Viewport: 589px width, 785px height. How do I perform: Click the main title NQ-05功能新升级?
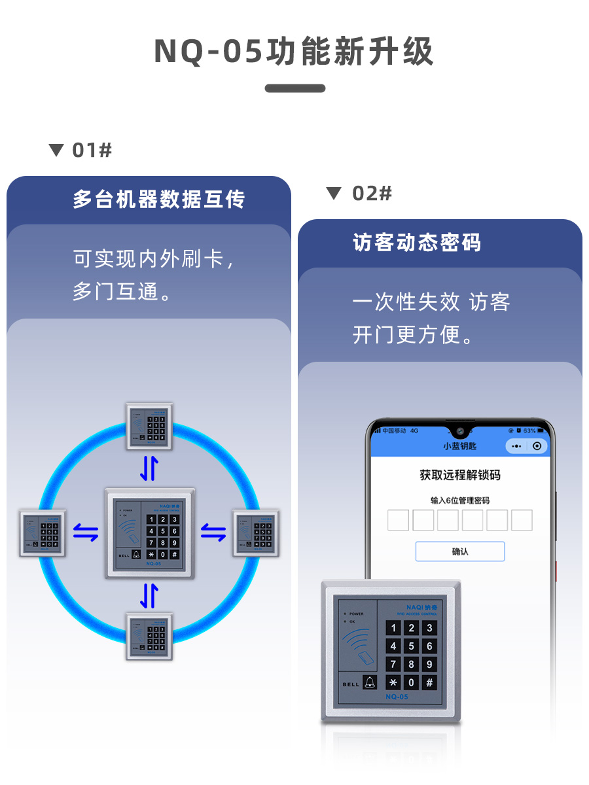[294, 52]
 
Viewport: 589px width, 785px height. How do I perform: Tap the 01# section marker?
[81, 150]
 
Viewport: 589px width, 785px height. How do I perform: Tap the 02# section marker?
[359, 194]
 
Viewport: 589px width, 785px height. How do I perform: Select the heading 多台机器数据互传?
[159, 200]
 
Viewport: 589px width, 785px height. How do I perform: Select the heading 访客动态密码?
[417, 243]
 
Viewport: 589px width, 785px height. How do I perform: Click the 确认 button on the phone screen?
[460, 551]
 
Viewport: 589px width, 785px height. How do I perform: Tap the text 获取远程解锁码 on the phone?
[460, 475]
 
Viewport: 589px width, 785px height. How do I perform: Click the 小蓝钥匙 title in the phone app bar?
[460, 446]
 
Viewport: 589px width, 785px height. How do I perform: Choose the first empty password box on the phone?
[398, 520]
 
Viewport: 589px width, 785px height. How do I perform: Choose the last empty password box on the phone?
[522, 520]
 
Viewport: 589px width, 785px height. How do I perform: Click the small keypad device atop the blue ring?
[149, 426]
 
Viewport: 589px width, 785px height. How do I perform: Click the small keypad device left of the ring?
[43, 532]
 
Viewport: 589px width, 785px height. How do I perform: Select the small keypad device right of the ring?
[256, 532]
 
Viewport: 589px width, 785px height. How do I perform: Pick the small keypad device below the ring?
[149, 637]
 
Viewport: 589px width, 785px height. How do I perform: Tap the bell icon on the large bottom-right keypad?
[370, 682]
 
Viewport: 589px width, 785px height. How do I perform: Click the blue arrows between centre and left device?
[86, 532]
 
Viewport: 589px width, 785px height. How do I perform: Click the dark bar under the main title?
[295, 88]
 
